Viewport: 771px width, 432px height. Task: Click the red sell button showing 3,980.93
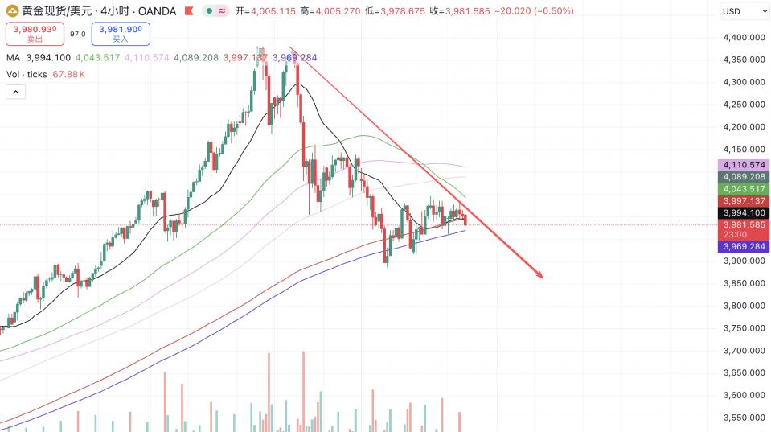click(35, 34)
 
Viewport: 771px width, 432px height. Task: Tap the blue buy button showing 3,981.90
click(121, 34)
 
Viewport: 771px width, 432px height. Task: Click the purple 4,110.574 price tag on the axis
click(744, 165)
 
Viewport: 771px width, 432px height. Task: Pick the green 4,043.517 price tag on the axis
click(744, 188)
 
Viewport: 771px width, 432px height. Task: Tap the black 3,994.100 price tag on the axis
click(744, 213)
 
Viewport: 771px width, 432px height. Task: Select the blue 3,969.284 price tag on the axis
click(744, 247)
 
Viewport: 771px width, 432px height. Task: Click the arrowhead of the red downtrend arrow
click(541, 277)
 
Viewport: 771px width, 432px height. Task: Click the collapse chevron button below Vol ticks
click(16, 92)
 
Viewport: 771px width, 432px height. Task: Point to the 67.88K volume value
click(69, 74)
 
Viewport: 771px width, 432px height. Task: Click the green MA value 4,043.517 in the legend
click(97, 58)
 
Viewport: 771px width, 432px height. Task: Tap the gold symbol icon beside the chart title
click(11, 11)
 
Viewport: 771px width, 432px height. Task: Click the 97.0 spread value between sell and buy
click(78, 35)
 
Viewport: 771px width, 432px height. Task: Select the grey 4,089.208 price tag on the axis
click(744, 176)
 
